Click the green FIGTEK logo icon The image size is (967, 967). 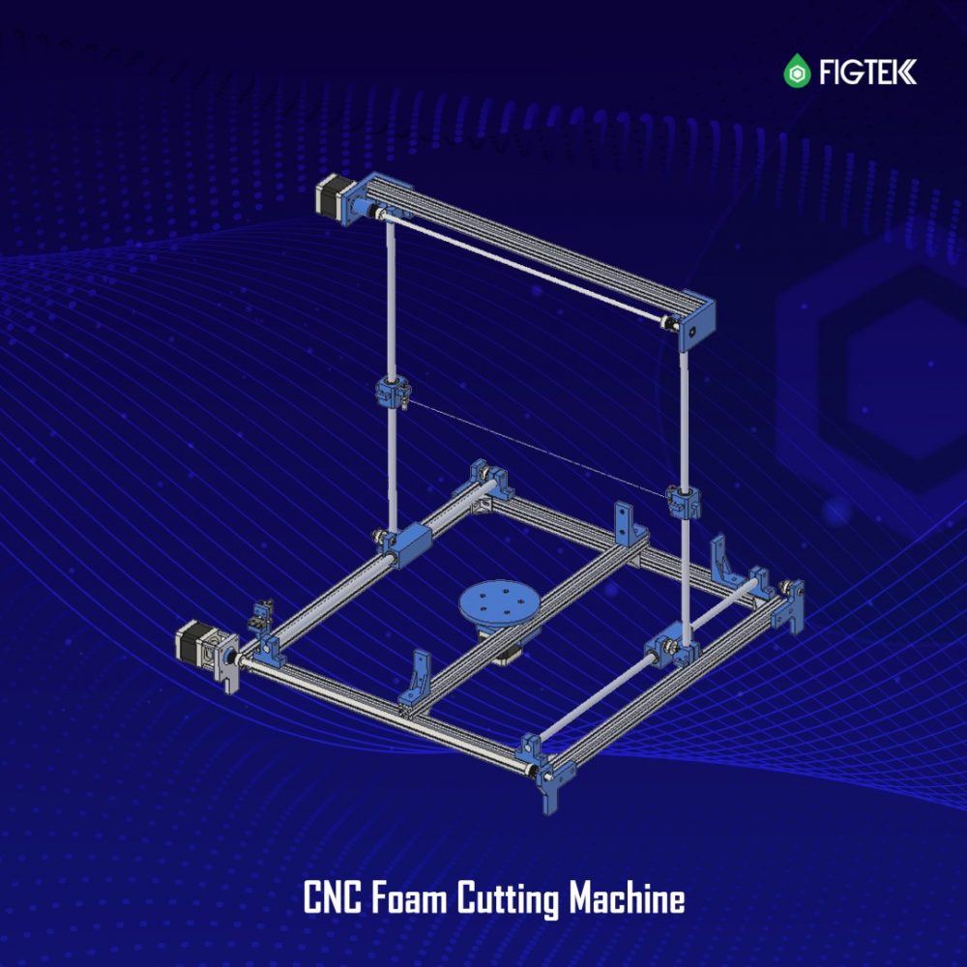pyautogui.click(x=797, y=71)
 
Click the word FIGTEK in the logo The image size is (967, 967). pyautogui.click(x=867, y=72)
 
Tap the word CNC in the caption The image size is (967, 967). pyautogui.click(x=333, y=897)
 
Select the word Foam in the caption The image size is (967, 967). pyautogui.click(x=408, y=897)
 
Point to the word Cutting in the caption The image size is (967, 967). pyautogui.click(x=508, y=899)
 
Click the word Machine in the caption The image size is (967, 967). pyautogui.click(x=627, y=897)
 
